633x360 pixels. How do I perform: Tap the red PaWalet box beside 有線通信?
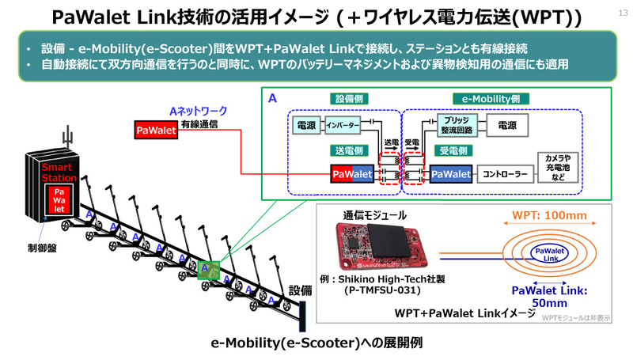(156, 129)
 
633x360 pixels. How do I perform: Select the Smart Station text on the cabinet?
(59, 174)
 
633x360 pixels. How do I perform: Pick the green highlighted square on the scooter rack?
(208, 271)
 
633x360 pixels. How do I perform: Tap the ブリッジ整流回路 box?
(455, 126)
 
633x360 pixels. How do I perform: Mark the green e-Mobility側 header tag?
(491, 99)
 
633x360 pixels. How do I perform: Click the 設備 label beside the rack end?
(302, 290)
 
